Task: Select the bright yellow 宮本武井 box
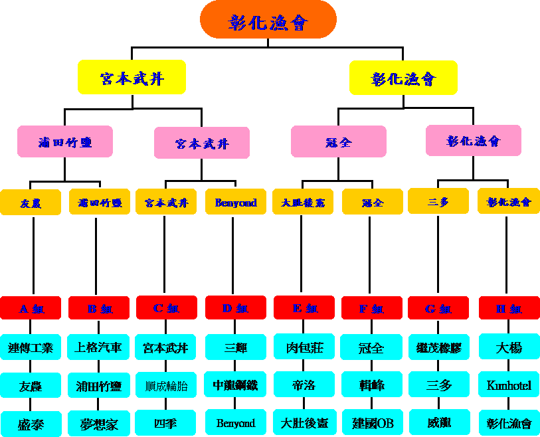coord(132,78)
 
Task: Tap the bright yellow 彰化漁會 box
coord(403,78)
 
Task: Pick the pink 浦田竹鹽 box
coord(65,141)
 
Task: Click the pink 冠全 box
coord(339,141)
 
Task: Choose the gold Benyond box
coord(236,202)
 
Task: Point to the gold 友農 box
coord(31,203)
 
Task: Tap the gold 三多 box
coord(438,201)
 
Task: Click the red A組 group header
coord(31,308)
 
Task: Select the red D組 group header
coord(236,307)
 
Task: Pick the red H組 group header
coord(509,308)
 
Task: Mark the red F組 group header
coord(371,308)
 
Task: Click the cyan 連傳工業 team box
coord(31,347)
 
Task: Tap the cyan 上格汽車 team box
coord(99,347)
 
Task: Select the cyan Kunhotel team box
coord(509,385)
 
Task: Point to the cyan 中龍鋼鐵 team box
coord(235,385)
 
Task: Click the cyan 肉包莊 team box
coord(304,347)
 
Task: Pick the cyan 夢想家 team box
coord(99,424)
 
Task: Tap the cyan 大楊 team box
coord(509,347)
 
